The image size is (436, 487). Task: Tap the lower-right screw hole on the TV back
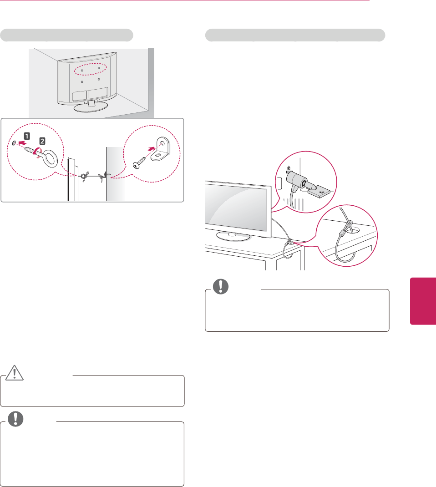(98, 80)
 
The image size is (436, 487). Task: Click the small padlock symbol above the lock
(288, 168)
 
